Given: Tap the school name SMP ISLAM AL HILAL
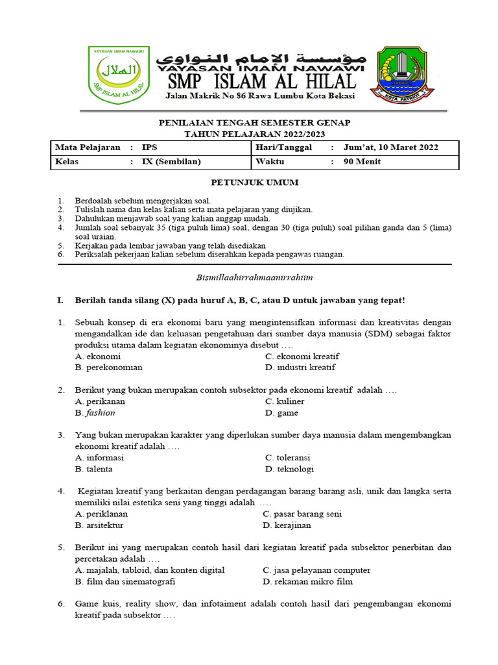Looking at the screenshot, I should pos(261,81).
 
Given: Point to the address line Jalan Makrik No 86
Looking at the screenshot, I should pos(260,95).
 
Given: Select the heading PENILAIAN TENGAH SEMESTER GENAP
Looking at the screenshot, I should pos(255,123).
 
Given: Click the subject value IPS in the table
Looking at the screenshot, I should pos(149,147).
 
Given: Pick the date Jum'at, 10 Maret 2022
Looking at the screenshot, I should pos(390,147).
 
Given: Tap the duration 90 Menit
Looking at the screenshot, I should pos(362,162).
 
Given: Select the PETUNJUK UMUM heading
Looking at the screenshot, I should pos(255,182).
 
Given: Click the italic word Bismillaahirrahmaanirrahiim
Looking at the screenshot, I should pos(254,277).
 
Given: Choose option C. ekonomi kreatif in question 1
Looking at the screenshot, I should pos(302,357).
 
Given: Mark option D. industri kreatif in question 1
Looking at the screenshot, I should pos(300,368).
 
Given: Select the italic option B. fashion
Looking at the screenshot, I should pos(95,412).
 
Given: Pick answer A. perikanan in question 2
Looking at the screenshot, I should pos(100,401).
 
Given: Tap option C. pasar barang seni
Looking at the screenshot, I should pos(302,514).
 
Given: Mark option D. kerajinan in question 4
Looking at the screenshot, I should pos(287,525).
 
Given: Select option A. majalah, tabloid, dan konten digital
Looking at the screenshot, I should pos(150,570).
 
